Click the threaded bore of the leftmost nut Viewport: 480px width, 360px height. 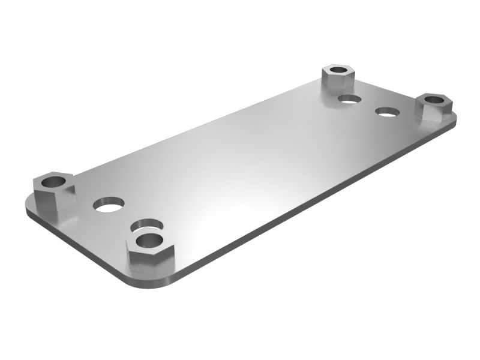(53, 179)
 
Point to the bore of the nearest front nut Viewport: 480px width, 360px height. (148, 240)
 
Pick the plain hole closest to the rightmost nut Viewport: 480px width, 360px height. (388, 112)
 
